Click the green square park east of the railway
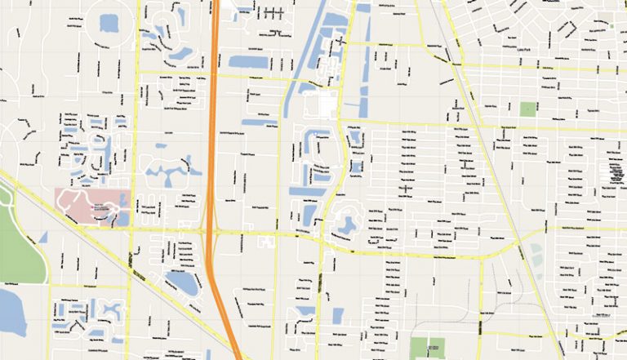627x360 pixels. click(529, 109)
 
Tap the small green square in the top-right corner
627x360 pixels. click(611, 25)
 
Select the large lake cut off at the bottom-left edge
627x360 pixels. click(10, 310)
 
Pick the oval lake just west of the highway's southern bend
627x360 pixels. click(181, 282)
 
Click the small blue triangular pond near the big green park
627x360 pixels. click(43, 238)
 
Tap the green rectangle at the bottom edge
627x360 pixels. click(427, 348)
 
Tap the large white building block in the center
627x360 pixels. click(321, 104)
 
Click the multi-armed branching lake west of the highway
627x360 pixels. click(168, 172)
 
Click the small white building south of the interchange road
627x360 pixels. click(266, 242)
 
